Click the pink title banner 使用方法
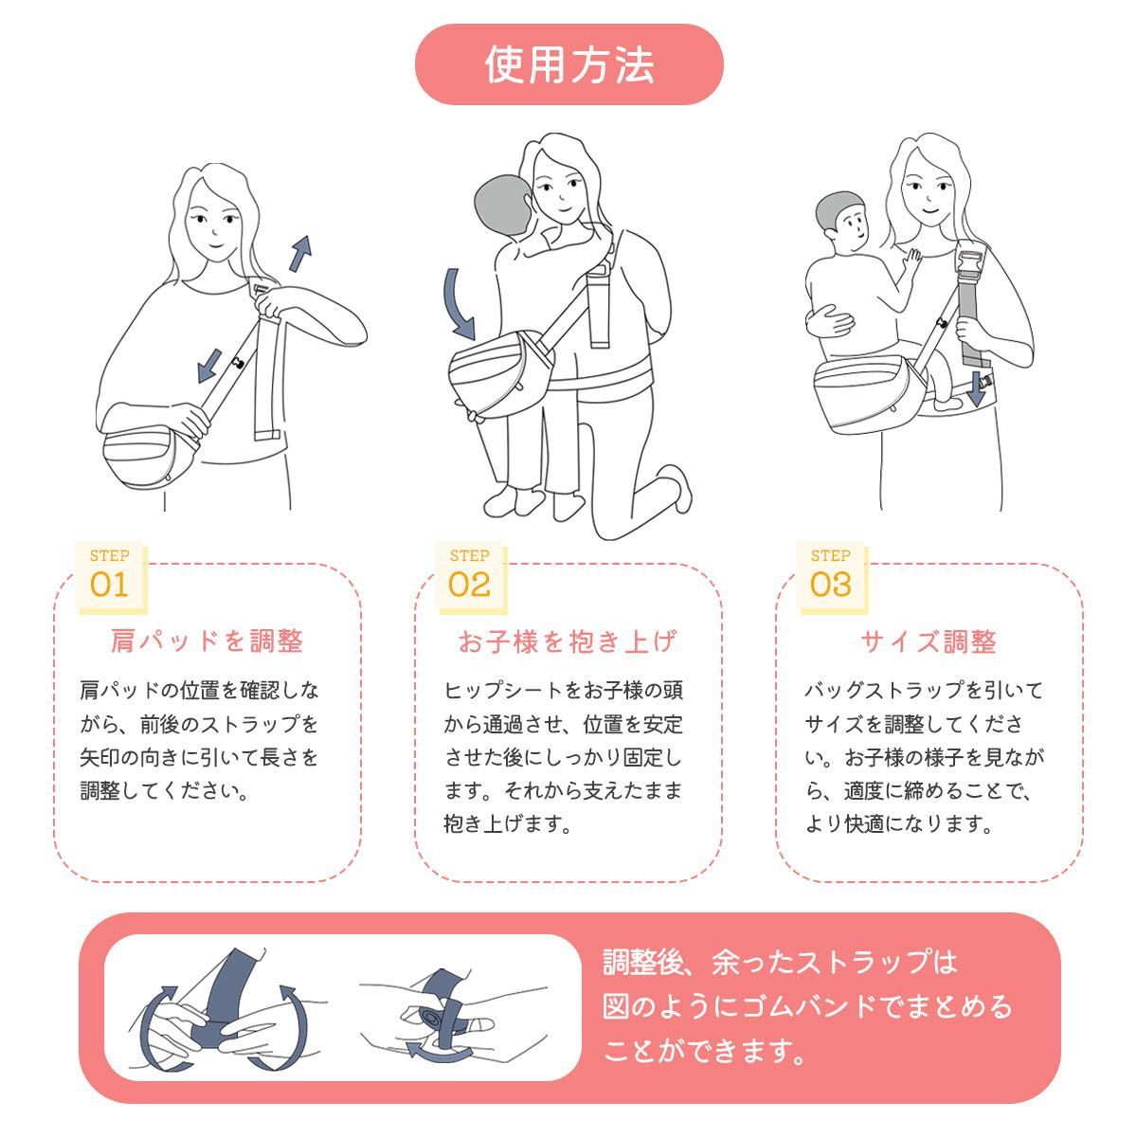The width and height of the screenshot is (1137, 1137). coord(568,64)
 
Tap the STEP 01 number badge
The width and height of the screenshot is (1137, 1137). coord(109,575)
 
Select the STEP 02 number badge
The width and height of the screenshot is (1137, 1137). coord(469,575)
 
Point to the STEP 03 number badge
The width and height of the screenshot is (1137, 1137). coord(830,575)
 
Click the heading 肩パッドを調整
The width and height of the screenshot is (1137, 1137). coord(208,641)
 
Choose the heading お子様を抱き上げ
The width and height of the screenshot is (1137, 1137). coord(568,641)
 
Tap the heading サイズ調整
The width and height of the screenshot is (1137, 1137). coord(929,641)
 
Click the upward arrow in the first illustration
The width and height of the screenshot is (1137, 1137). coord(300,253)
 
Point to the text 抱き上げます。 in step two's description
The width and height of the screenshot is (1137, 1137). coord(509,824)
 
